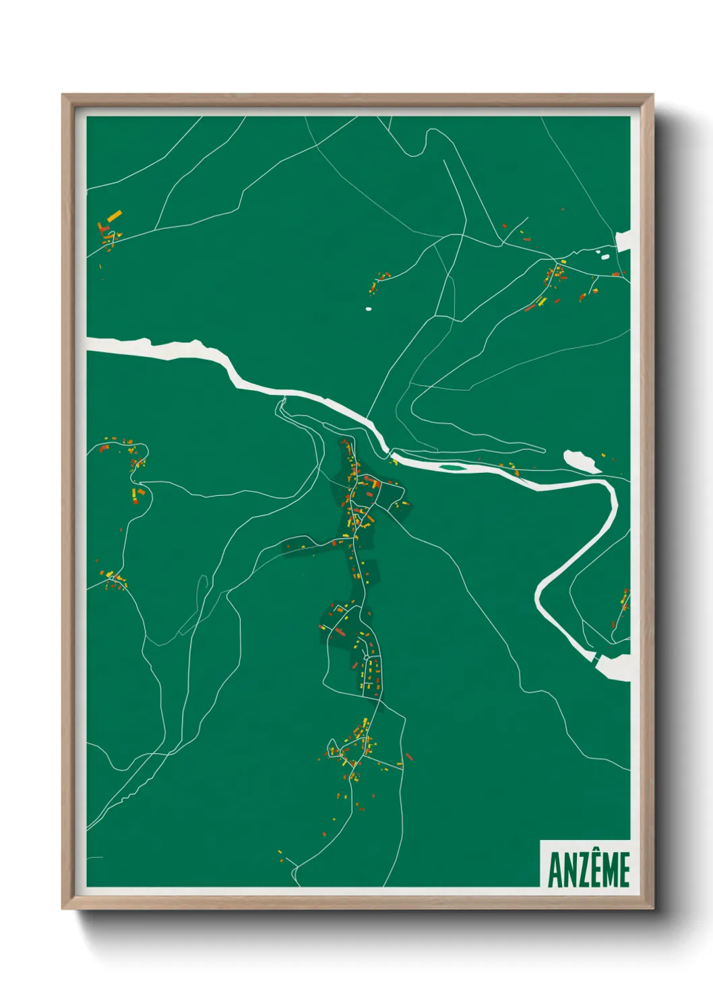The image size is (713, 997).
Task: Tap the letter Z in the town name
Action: click(582, 870)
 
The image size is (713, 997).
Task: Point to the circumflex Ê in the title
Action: click(594, 869)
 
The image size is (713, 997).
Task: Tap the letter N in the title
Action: click(569, 870)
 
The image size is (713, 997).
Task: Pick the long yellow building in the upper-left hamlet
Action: click(114, 216)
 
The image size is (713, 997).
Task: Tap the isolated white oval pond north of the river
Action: click(368, 309)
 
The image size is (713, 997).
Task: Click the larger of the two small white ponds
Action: click(604, 256)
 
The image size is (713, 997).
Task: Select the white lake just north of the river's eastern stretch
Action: click(581, 461)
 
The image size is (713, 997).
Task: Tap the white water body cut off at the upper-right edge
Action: click(624, 241)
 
